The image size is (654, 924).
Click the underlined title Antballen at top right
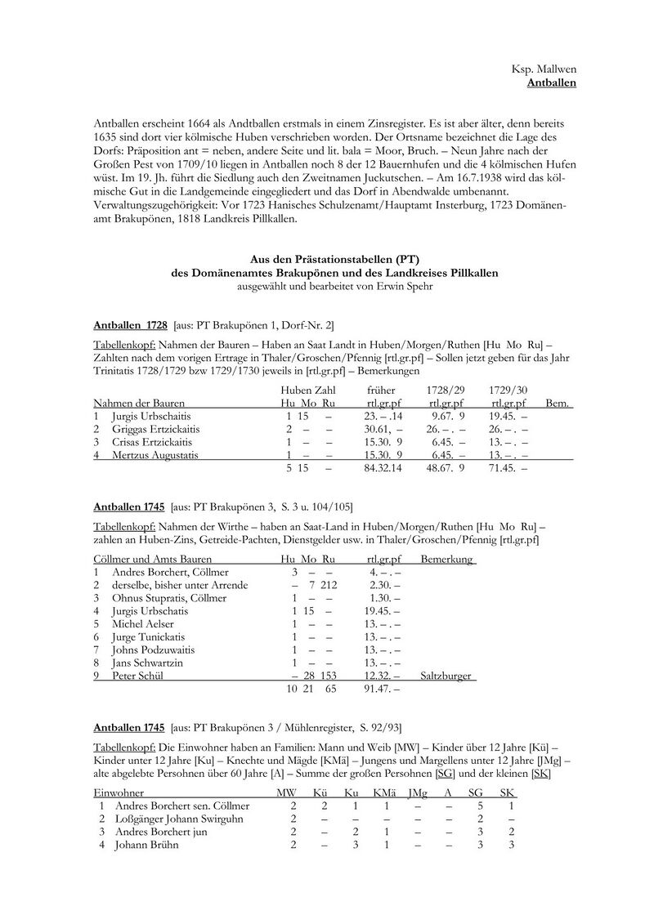coord(552,83)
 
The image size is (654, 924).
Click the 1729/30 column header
coord(507,391)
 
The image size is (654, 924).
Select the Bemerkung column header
coord(446,560)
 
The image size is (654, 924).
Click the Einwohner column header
coord(119,793)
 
